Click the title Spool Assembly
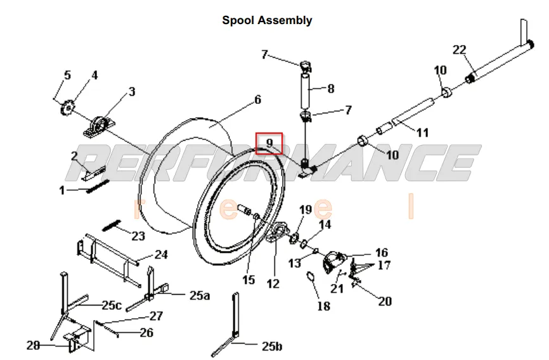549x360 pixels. click(x=267, y=20)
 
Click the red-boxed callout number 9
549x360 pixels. click(x=269, y=144)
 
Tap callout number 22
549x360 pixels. click(x=460, y=50)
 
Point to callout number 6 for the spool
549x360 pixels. click(x=257, y=100)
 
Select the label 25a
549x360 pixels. click(x=198, y=295)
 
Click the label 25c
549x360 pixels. click(x=112, y=305)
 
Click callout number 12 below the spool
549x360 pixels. click(x=273, y=284)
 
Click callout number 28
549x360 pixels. click(x=33, y=345)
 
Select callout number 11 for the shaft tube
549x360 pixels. click(x=422, y=132)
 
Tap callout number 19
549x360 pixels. click(x=306, y=210)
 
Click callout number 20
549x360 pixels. click(x=385, y=301)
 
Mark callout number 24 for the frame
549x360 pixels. click(x=161, y=255)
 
